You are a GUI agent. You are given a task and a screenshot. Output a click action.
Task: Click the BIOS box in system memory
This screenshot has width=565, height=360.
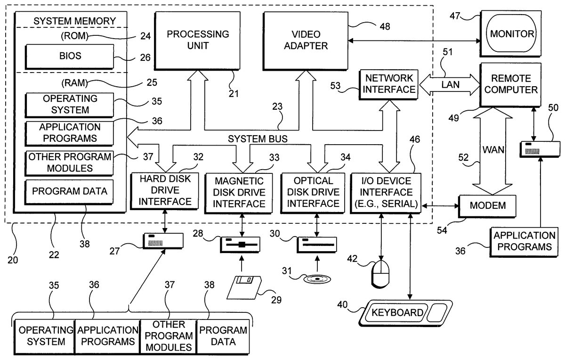click(69, 56)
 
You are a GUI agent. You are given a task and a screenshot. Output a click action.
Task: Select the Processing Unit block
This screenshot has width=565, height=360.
click(198, 40)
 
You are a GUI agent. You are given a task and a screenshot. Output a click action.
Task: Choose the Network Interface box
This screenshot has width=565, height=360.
click(388, 83)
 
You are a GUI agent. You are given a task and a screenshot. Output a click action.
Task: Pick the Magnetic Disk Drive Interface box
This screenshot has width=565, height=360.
click(240, 192)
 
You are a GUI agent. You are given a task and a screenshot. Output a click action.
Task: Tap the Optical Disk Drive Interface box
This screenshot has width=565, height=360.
click(314, 192)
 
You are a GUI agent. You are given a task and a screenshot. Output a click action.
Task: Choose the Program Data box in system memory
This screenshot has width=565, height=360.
click(69, 191)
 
